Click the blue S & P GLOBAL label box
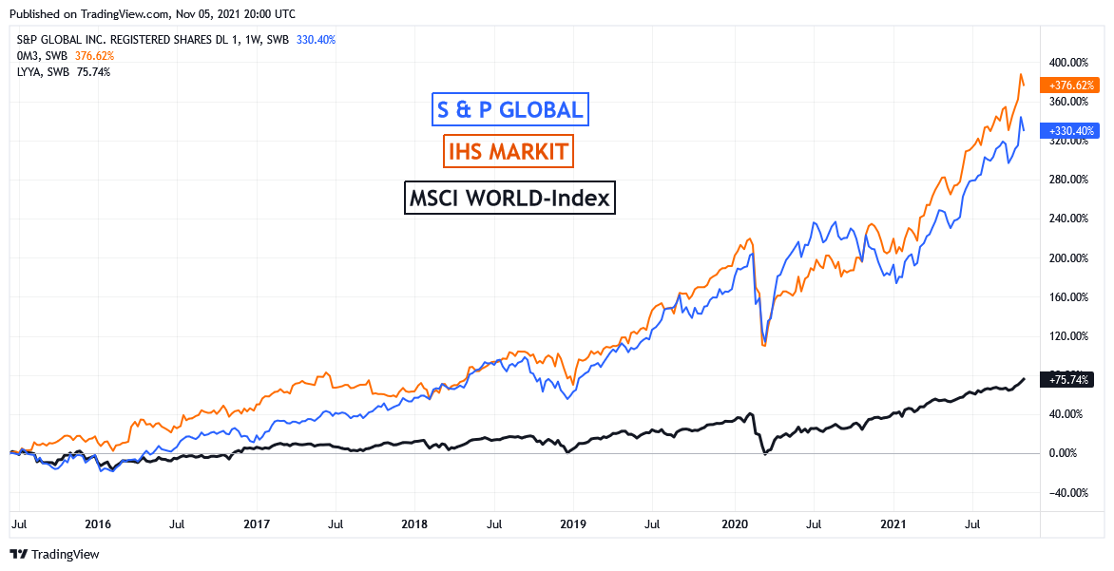pyautogui.click(x=509, y=109)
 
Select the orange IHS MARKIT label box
pyautogui.click(x=509, y=150)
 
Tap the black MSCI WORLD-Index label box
pyautogui.click(x=509, y=199)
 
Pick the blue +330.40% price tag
pyautogui.click(x=1071, y=130)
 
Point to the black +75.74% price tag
pyautogui.click(x=1068, y=379)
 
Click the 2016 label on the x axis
pyautogui.click(x=98, y=523)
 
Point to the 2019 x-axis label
pyautogui.click(x=573, y=523)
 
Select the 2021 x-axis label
pyautogui.click(x=893, y=523)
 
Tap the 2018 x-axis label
pyautogui.click(x=414, y=523)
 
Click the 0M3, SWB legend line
pyautogui.click(x=65, y=56)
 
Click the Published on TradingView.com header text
pyautogui.click(x=151, y=14)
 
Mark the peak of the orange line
pyautogui.click(x=1021, y=74)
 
